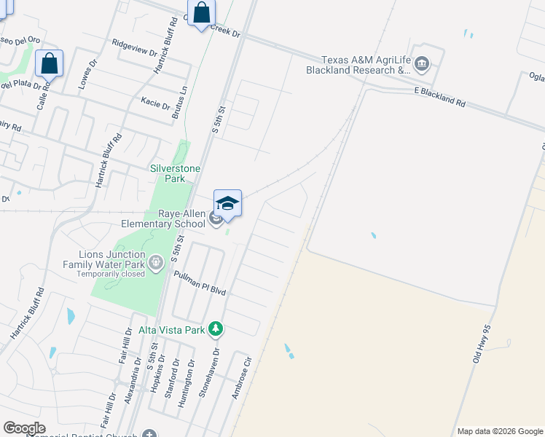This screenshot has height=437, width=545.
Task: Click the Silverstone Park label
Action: (x=175, y=173)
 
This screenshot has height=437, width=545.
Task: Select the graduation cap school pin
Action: (x=227, y=204)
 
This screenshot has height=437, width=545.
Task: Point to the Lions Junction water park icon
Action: (x=154, y=261)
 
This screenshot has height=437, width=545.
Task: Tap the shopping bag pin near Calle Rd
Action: (x=49, y=63)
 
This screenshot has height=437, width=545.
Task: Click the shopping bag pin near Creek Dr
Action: (x=201, y=13)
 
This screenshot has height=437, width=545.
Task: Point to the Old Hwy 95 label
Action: (x=481, y=344)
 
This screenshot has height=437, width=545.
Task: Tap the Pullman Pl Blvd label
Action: (x=200, y=282)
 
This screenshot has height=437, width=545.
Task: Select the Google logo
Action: (x=24, y=428)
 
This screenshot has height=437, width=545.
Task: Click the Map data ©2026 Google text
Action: (x=500, y=431)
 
